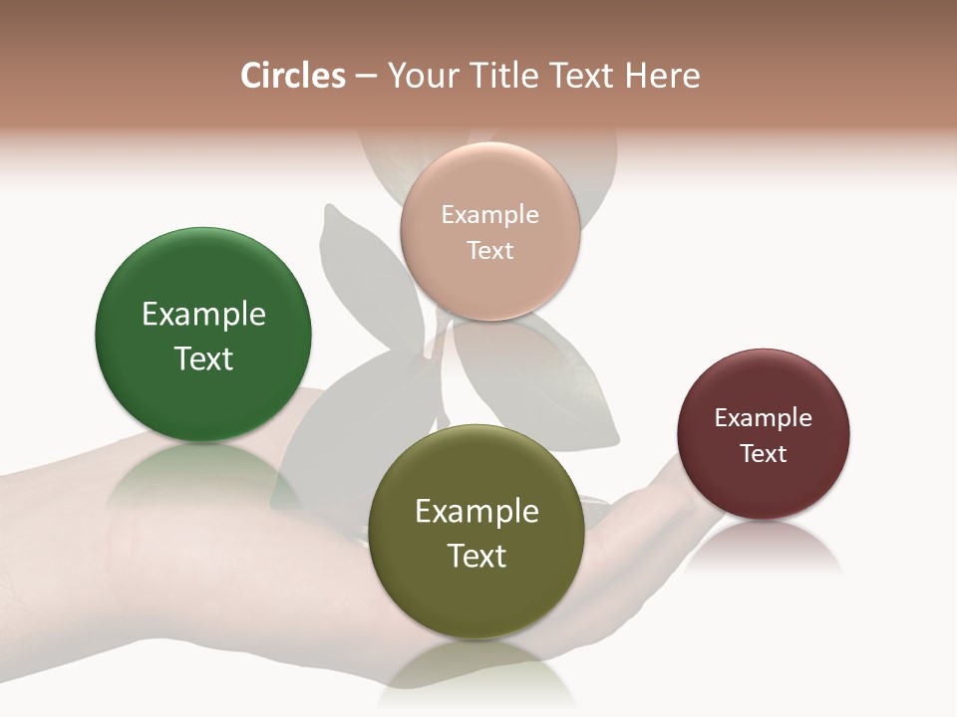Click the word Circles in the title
pos(292,76)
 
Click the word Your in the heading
pos(419,76)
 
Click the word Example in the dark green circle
pos(203,315)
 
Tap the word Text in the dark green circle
pos(203,358)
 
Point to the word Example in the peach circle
pos(489,215)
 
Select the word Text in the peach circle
pos(489,251)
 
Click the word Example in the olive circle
pos(477,512)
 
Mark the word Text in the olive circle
pos(477,556)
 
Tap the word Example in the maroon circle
pos(764,418)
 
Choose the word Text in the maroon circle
pos(764,454)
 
